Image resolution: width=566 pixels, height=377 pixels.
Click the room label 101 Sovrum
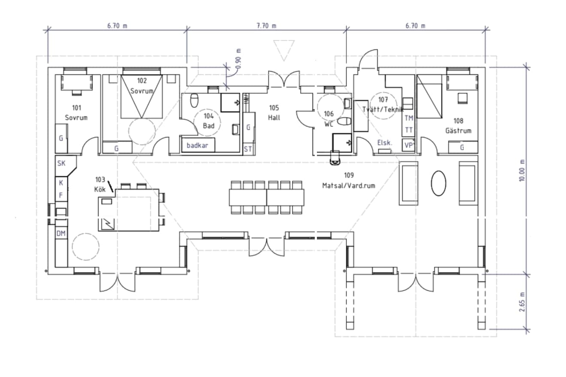76,112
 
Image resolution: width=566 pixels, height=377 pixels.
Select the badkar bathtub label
198,145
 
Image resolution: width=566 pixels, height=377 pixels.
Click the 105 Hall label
274,112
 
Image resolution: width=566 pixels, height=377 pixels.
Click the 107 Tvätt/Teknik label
383,104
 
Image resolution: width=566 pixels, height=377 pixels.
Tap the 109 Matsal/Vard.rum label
349,180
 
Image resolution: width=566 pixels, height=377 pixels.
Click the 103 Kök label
100,185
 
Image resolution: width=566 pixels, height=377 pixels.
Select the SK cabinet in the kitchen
61,163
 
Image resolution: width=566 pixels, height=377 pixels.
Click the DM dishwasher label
61,233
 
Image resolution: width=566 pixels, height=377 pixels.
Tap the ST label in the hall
248,149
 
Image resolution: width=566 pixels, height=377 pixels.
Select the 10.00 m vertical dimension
522,170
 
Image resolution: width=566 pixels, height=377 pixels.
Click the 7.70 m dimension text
266,26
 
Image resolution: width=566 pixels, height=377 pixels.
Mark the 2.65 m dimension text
522,303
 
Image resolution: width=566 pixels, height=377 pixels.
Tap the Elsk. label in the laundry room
385,143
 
